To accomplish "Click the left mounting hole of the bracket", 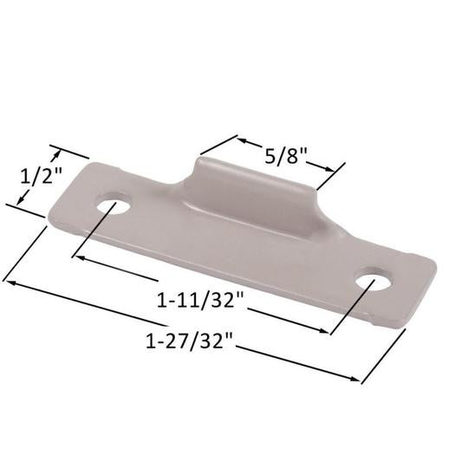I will (114, 205).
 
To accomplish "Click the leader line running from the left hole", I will (94, 232).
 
